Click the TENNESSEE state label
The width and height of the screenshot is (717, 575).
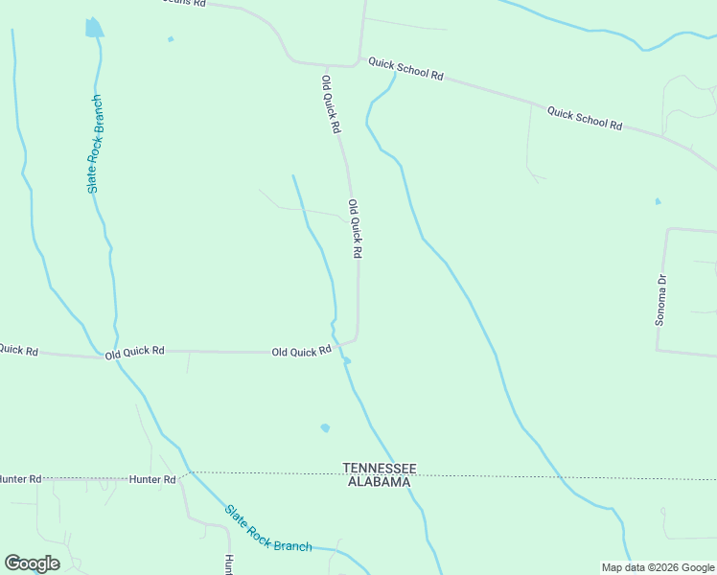[381, 468]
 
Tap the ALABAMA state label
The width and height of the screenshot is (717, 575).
[379, 482]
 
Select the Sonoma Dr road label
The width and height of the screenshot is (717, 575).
[660, 300]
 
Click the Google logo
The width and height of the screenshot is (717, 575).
[32, 563]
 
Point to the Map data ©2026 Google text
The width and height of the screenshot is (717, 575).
[658, 567]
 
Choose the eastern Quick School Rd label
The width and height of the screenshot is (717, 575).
[585, 119]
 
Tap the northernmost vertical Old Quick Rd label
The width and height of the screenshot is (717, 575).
[331, 104]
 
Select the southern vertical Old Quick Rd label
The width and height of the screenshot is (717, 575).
[355, 228]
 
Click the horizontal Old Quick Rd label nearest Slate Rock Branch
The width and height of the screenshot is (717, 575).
[135, 352]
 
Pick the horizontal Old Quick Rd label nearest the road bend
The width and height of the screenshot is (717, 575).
[301, 352]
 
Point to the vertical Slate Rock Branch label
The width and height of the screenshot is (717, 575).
[95, 144]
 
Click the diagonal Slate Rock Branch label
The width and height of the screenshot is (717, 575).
[267, 528]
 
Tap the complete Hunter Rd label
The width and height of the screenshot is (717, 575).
[153, 479]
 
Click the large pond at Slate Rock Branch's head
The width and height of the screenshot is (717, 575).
[93, 28]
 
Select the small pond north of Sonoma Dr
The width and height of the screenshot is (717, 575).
[658, 201]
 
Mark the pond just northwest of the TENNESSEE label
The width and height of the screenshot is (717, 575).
[325, 427]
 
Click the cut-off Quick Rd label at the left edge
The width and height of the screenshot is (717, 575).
[18, 350]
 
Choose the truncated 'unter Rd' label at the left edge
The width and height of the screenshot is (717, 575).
[20, 478]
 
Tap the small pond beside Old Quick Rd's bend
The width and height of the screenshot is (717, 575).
[346, 361]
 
